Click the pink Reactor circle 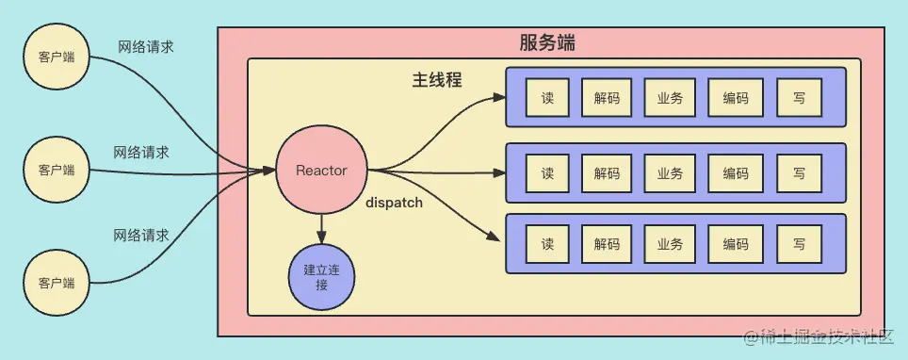[x=321, y=171]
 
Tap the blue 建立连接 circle [x=322, y=276]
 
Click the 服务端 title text [x=547, y=43]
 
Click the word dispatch [x=394, y=202]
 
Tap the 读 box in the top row [x=547, y=97]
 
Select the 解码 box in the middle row [x=607, y=172]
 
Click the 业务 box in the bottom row [x=670, y=244]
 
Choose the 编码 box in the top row [x=736, y=97]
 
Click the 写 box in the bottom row [x=799, y=244]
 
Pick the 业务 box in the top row [x=670, y=97]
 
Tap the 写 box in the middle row [x=799, y=172]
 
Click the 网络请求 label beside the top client [x=146, y=45]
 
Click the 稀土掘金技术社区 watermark [x=820, y=336]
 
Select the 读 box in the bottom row [x=547, y=244]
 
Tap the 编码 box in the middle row [x=736, y=172]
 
